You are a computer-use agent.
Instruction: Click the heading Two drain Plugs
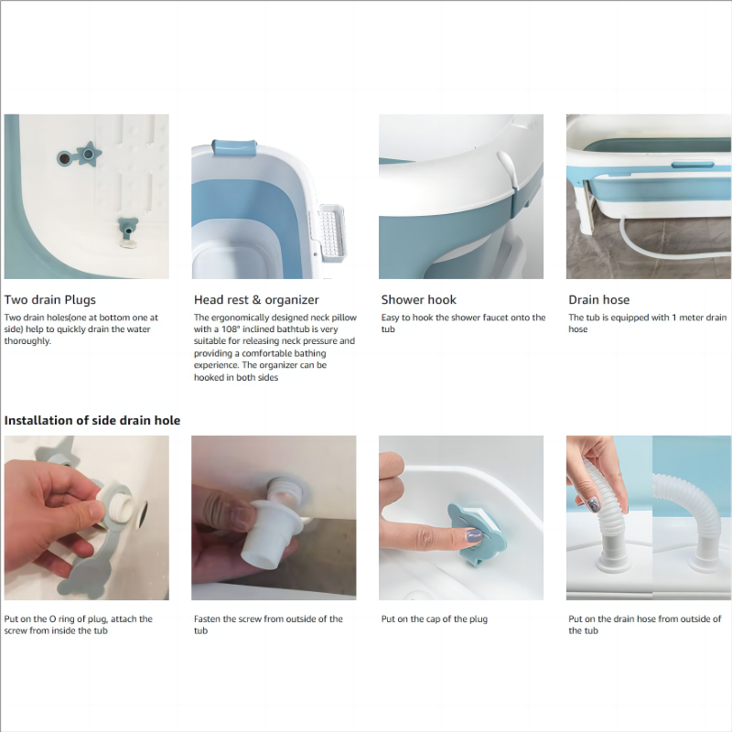click(x=50, y=300)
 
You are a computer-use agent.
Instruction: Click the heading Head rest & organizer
click(x=256, y=300)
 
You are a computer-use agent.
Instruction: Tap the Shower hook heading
click(x=418, y=300)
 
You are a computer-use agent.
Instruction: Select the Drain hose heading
click(x=599, y=300)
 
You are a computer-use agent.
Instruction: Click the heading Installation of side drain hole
click(x=92, y=420)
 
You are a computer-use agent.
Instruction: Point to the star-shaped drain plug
click(x=88, y=154)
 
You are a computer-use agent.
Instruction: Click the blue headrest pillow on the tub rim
click(x=234, y=147)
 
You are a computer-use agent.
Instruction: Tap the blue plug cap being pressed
click(x=476, y=533)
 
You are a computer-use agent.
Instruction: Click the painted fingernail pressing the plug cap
click(x=474, y=536)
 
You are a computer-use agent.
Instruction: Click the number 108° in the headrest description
click(x=231, y=329)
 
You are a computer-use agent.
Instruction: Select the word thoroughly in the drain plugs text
click(x=27, y=341)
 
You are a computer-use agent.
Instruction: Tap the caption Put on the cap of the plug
click(x=434, y=619)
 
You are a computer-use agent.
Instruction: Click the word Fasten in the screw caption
click(x=207, y=619)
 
